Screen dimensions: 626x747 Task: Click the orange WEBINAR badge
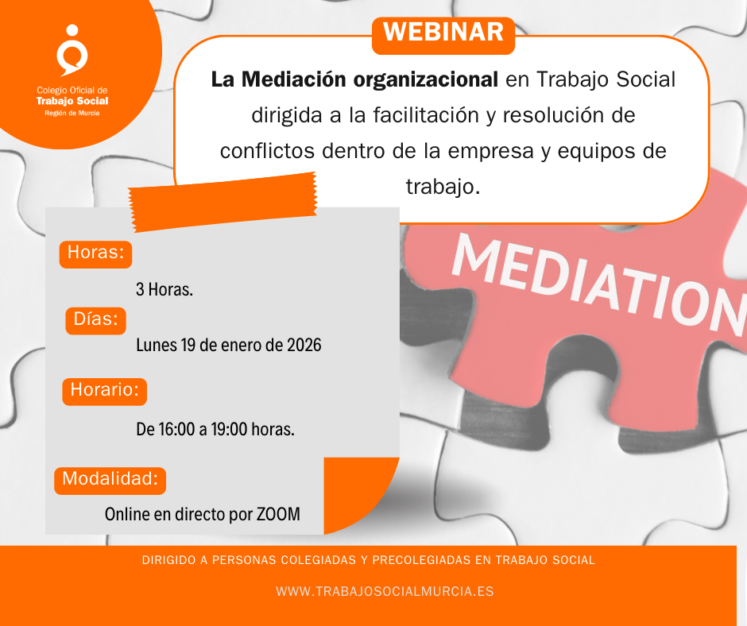point(443,33)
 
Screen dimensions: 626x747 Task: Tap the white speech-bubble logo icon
point(72,51)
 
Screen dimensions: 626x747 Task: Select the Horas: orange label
point(95,253)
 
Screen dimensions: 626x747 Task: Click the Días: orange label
point(95,320)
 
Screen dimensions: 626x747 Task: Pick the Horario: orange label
point(104,390)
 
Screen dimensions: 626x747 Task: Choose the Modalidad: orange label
point(110,480)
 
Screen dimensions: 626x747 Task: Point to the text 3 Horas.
point(164,289)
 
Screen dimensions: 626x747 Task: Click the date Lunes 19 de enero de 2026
point(229,346)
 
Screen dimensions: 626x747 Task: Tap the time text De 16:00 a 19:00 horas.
point(215,430)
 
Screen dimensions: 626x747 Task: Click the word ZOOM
point(278,514)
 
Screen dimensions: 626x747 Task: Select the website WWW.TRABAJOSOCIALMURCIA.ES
point(385,592)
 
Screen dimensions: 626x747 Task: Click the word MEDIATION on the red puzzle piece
point(596,278)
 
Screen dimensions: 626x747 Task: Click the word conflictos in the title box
point(265,151)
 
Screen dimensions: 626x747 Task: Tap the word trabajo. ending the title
point(443,186)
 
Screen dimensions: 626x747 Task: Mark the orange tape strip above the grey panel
point(223,205)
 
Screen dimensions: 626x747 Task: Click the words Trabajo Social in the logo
point(72,101)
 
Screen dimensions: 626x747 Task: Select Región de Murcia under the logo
point(72,113)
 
